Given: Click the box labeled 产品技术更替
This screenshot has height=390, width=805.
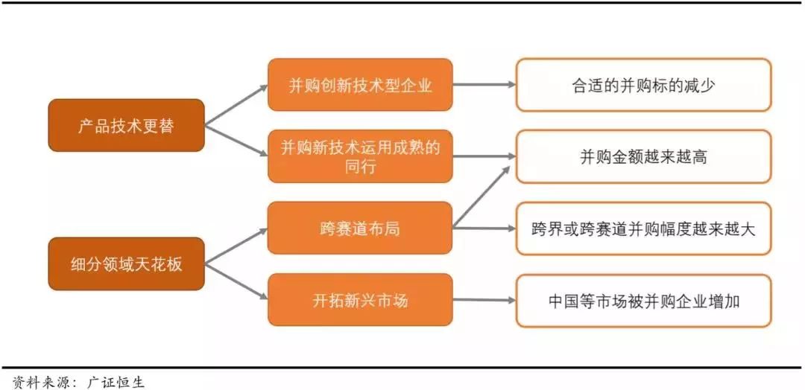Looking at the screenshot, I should [126, 126].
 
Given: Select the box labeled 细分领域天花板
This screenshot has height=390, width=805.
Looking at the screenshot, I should [126, 263].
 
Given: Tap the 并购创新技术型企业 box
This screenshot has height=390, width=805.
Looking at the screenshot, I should [360, 85].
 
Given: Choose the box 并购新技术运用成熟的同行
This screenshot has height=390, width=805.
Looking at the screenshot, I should [360, 156].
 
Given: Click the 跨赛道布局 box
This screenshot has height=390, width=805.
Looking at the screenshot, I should [360, 228].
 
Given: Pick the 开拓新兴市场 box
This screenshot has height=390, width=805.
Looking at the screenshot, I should [360, 300].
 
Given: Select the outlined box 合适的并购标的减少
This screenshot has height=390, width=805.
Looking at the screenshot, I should [643, 85].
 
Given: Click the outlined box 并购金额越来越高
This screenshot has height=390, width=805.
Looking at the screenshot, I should [643, 156].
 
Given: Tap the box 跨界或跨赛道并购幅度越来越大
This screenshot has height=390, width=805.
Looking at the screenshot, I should [643, 228].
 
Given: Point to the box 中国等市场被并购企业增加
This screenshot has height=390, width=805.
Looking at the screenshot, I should [643, 300].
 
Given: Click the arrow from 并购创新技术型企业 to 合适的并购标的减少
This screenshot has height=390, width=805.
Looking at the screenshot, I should [484, 85].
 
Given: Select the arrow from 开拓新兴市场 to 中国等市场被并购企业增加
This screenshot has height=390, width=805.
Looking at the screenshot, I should [484, 300].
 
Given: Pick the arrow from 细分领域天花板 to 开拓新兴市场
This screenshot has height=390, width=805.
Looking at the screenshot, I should [236, 281].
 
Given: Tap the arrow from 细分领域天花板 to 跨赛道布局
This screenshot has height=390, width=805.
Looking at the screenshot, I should [236, 246].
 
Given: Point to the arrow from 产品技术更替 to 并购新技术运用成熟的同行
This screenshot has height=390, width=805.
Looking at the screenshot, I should [236, 141].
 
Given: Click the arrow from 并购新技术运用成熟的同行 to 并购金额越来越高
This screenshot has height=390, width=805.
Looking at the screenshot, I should [484, 156].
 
